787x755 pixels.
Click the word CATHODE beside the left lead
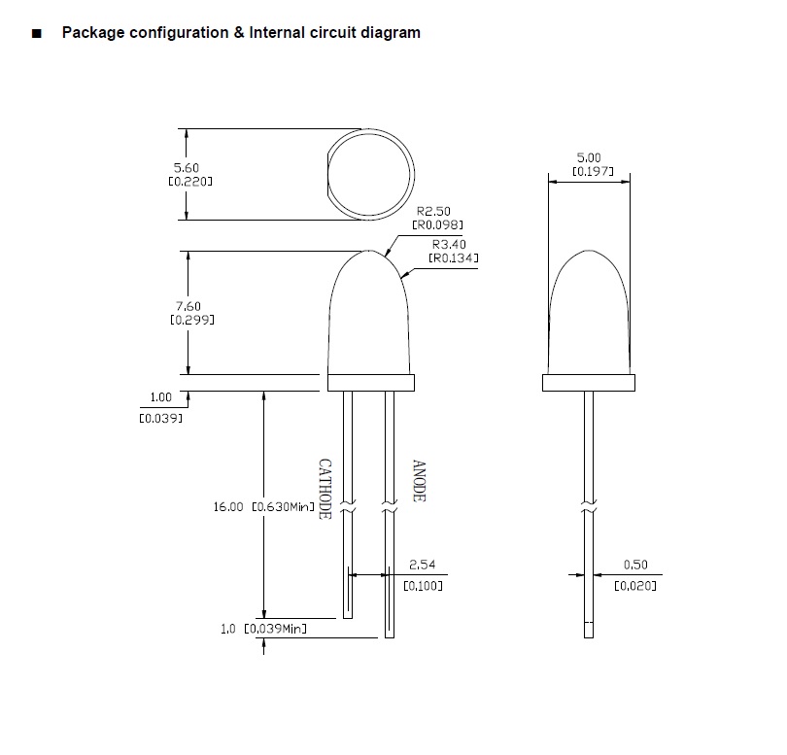coord(325,488)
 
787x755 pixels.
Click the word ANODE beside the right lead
coord(420,481)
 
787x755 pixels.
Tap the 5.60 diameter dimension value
coord(186,168)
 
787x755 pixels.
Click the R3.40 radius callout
coord(449,245)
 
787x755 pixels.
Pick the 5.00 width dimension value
coord(589,157)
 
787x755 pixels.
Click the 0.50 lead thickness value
coord(635,564)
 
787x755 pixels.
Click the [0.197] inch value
coord(589,171)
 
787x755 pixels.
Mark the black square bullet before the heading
coord(36,33)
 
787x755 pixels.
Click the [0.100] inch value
coord(423,586)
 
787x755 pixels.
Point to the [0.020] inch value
coord(635,586)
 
